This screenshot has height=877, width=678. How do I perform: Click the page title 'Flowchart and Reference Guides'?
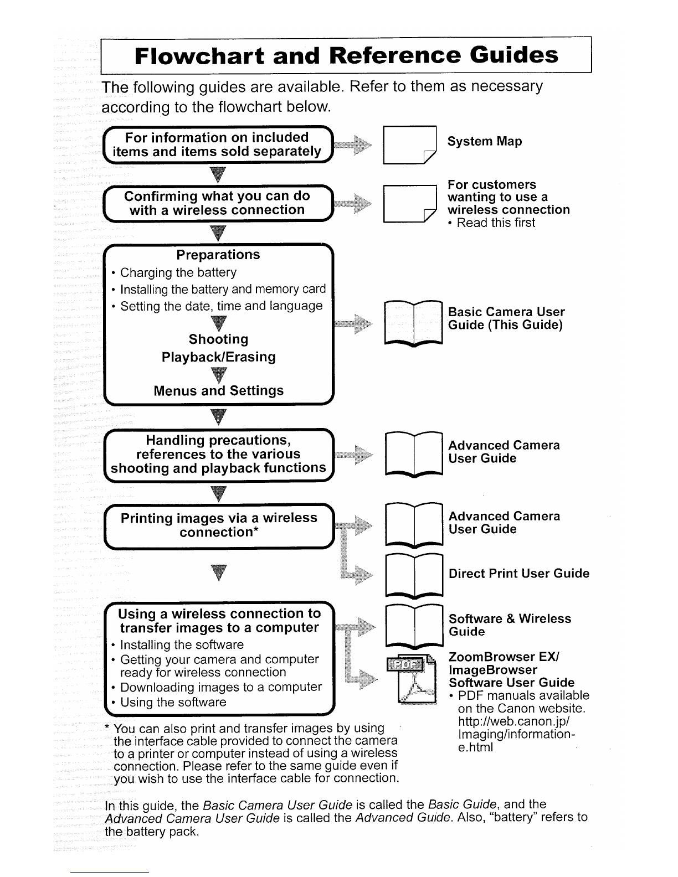coord(346,55)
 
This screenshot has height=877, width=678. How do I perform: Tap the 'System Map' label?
coord(485,142)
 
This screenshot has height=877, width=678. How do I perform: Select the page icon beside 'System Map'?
coord(410,146)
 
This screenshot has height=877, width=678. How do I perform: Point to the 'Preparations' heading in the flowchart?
coord(218,255)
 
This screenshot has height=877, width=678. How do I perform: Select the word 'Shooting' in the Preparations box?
coord(218,339)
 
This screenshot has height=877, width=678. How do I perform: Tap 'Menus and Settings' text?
coord(218,391)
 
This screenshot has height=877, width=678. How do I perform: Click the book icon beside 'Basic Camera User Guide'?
coord(414,322)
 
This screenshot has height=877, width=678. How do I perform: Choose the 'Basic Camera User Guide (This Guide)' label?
coord(506,318)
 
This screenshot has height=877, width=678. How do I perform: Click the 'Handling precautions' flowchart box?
coord(218,455)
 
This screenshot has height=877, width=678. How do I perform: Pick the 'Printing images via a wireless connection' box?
coord(219,525)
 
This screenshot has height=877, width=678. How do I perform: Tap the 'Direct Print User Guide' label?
coord(519,574)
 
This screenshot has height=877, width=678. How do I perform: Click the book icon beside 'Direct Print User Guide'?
coord(414,574)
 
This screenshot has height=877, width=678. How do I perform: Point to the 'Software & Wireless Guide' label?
coord(509,625)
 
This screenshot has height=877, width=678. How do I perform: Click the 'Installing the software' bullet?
coord(181,645)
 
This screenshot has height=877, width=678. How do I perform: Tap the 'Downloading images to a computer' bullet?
coord(220,688)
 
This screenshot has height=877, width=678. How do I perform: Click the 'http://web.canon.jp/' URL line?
coord(514,722)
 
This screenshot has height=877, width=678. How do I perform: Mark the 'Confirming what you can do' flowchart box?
coord(218,203)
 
